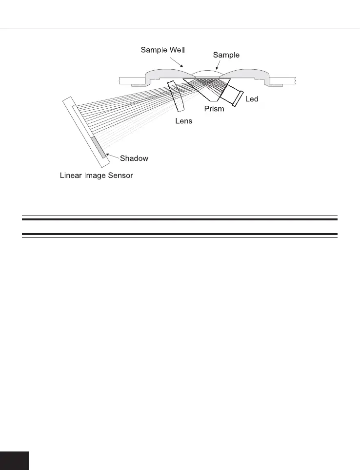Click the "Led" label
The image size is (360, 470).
pyautogui.click(x=252, y=99)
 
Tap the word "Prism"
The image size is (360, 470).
pyautogui.click(x=214, y=109)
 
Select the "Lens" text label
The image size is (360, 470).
pyautogui.click(x=183, y=121)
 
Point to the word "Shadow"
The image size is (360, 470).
pyautogui.click(x=134, y=158)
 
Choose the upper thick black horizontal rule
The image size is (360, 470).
pyautogui.click(x=180, y=219)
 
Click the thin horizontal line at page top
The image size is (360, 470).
pyautogui.click(x=180, y=27)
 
